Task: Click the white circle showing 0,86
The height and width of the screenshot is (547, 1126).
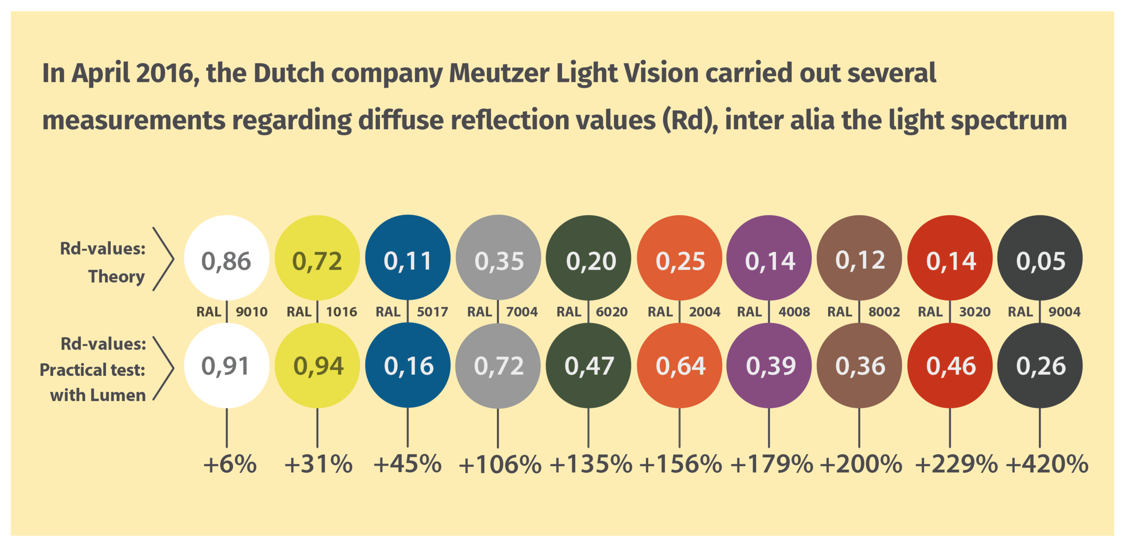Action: click(x=226, y=258)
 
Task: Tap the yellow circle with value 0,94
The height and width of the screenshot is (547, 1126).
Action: click(x=317, y=365)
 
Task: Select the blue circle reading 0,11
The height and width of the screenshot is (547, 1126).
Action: click(x=408, y=258)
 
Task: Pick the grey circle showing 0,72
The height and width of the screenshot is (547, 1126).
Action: click(x=498, y=365)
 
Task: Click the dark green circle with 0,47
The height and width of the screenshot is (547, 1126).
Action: click(x=589, y=365)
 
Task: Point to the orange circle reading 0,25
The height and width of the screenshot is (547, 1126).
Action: click(x=680, y=258)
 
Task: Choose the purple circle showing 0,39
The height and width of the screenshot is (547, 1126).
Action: click(x=769, y=365)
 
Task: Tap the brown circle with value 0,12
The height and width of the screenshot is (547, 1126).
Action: click(x=859, y=258)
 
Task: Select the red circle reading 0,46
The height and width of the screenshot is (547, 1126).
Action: click(x=950, y=365)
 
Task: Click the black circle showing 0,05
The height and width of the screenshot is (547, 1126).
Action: click(x=1040, y=258)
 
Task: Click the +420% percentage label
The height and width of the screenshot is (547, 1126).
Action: click(x=1047, y=464)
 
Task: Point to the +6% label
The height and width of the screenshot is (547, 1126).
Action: click(x=230, y=464)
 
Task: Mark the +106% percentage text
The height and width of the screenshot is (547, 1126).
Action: click(x=500, y=465)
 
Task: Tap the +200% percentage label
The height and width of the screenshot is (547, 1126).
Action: click(x=861, y=464)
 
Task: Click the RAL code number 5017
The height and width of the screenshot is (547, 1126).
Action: click(x=432, y=312)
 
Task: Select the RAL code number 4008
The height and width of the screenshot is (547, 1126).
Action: click(x=794, y=312)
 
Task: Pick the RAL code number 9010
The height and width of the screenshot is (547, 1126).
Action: click(x=252, y=312)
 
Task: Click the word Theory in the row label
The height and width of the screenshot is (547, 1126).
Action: click(x=117, y=277)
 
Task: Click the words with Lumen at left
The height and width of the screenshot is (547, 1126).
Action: click(x=98, y=395)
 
